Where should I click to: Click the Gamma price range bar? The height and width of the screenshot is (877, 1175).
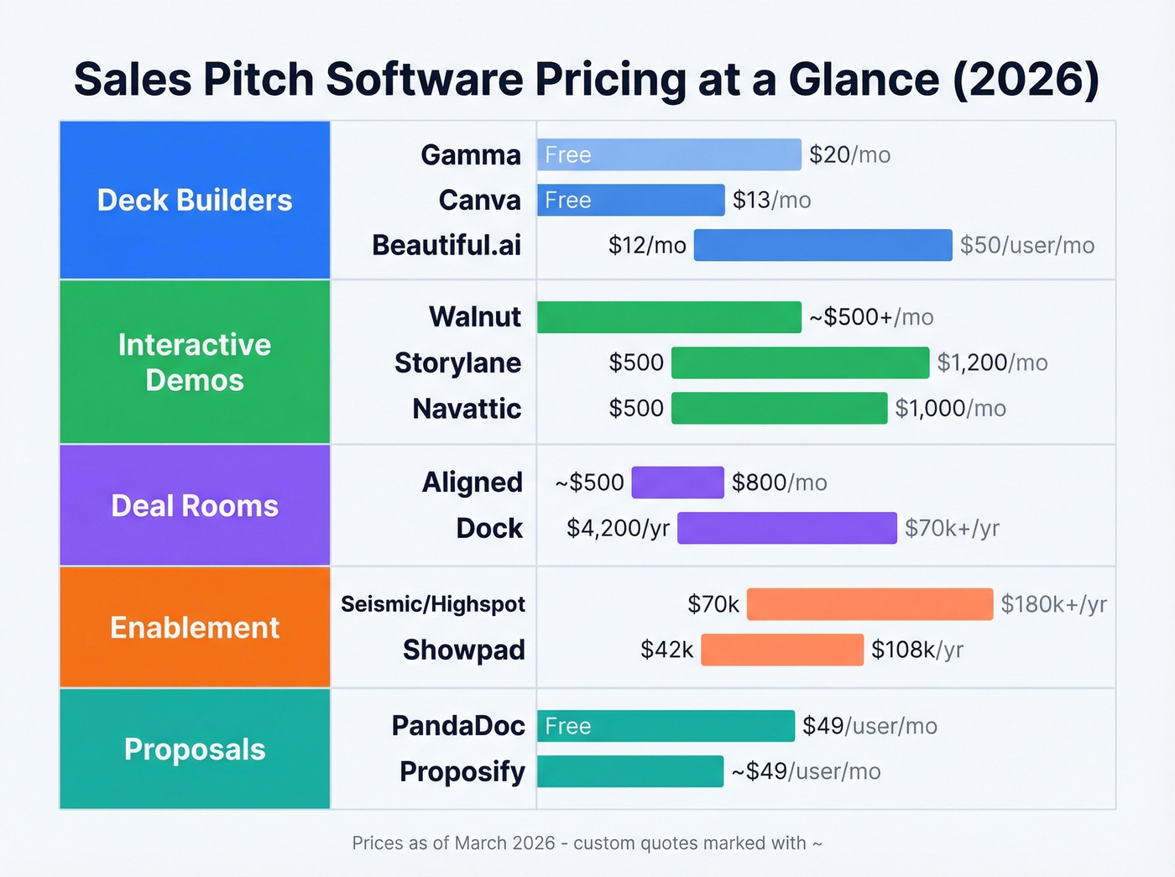[x=669, y=154]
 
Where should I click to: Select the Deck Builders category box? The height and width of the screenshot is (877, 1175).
[x=195, y=200]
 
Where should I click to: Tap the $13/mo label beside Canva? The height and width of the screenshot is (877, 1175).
[x=771, y=200]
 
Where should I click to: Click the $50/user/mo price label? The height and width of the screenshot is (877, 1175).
[x=1026, y=245]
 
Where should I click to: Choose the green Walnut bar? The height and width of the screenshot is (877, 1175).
[x=669, y=317]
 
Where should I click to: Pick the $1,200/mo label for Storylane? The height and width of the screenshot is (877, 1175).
[x=992, y=363]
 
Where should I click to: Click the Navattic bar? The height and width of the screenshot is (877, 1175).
[x=779, y=408]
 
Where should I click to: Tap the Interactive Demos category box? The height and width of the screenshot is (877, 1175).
[x=195, y=362]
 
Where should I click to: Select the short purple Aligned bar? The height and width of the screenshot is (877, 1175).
[x=677, y=483]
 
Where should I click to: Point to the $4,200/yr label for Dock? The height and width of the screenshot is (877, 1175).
[x=618, y=528]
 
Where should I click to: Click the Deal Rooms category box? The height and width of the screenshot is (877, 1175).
[x=195, y=505]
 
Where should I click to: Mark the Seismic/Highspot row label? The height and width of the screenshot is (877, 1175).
[x=432, y=604]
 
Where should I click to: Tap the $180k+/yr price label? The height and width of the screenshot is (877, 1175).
[x=1053, y=604]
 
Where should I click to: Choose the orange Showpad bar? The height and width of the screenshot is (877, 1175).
[x=782, y=650]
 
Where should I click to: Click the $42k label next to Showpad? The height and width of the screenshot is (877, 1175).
[x=666, y=650]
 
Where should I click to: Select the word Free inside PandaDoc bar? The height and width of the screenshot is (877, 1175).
[x=568, y=726]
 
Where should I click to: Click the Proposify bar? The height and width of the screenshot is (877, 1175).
[x=629, y=771]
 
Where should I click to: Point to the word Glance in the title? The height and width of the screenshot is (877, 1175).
[x=864, y=80]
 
